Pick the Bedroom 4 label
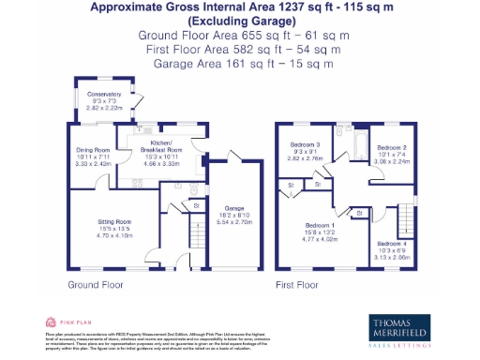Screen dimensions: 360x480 [384, 250]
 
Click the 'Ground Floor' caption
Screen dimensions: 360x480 [96, 284]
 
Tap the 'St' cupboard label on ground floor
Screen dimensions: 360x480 [196, 204]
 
